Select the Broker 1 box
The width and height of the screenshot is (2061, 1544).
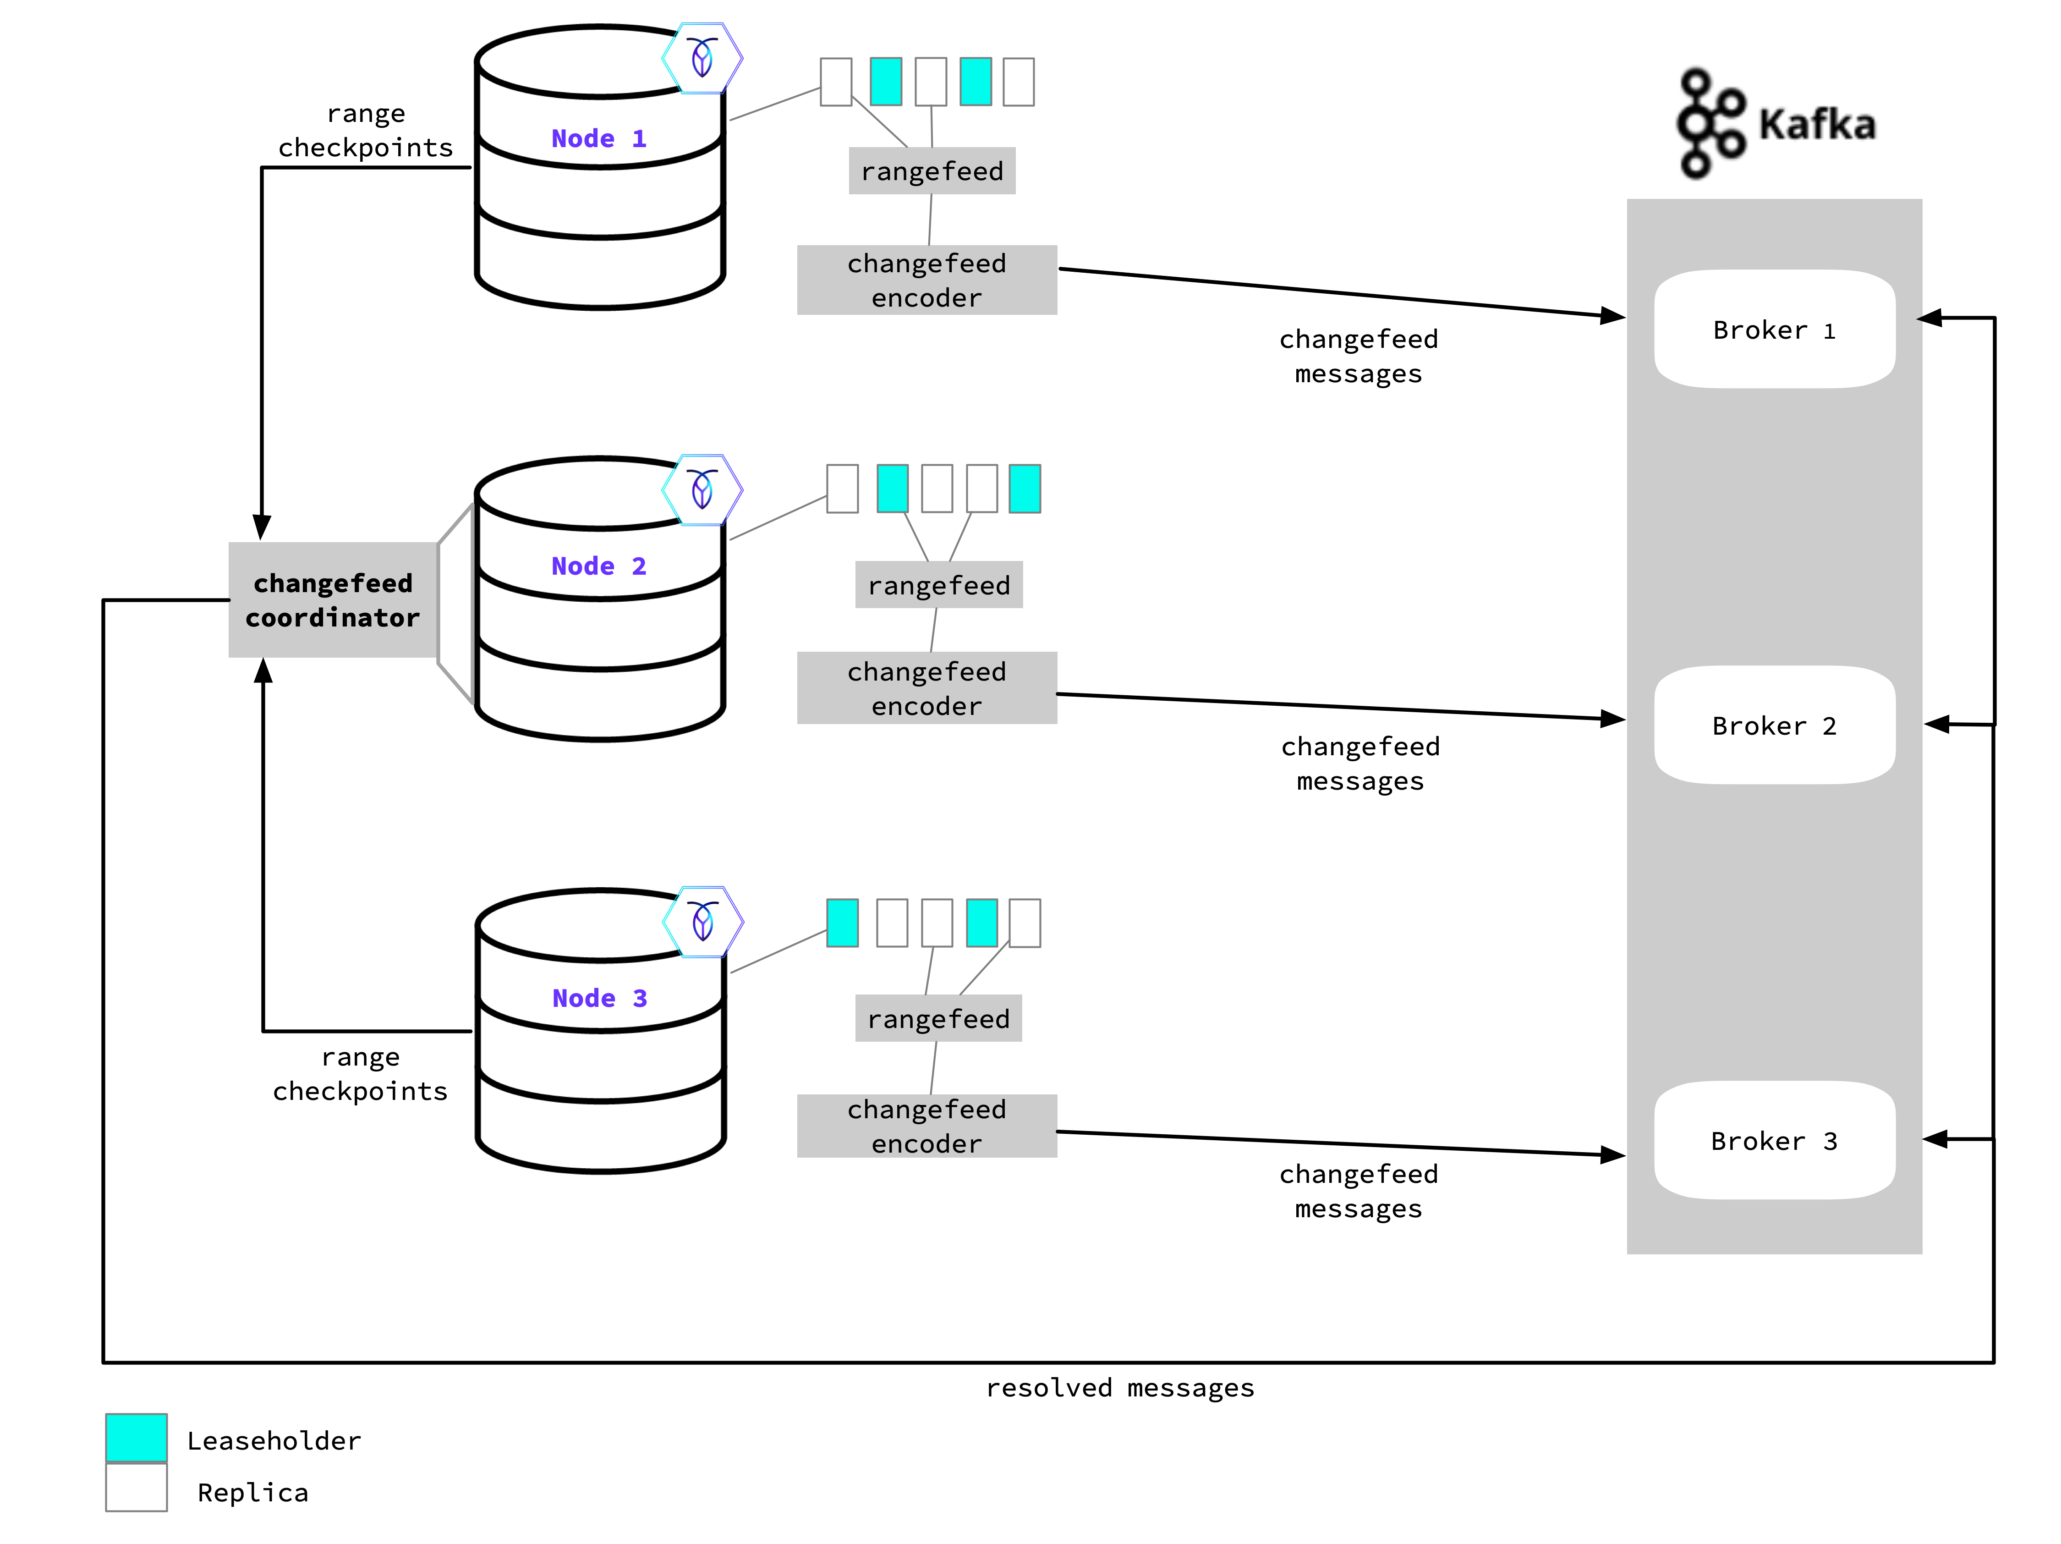(1774, 329)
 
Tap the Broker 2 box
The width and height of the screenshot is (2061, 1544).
(1774, 725)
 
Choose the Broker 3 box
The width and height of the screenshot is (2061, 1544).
(1774, 1140)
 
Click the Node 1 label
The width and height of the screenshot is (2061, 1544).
(598, 139)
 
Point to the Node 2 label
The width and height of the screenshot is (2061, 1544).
(598, 566)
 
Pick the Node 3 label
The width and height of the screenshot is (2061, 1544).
(599, 998)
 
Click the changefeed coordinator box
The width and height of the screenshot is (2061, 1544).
(333, 600)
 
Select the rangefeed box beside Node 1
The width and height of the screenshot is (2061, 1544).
(932, 171)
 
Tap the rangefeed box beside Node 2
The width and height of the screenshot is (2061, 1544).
(938, 585)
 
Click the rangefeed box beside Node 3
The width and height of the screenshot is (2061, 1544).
(938, 1018)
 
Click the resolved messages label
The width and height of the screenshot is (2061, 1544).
(1120, 1387)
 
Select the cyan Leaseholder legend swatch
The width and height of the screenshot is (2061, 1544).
(136, 1438)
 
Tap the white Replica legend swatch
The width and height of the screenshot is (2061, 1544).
(136, 1487)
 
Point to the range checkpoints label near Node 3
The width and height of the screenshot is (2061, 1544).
(361, 1073)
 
